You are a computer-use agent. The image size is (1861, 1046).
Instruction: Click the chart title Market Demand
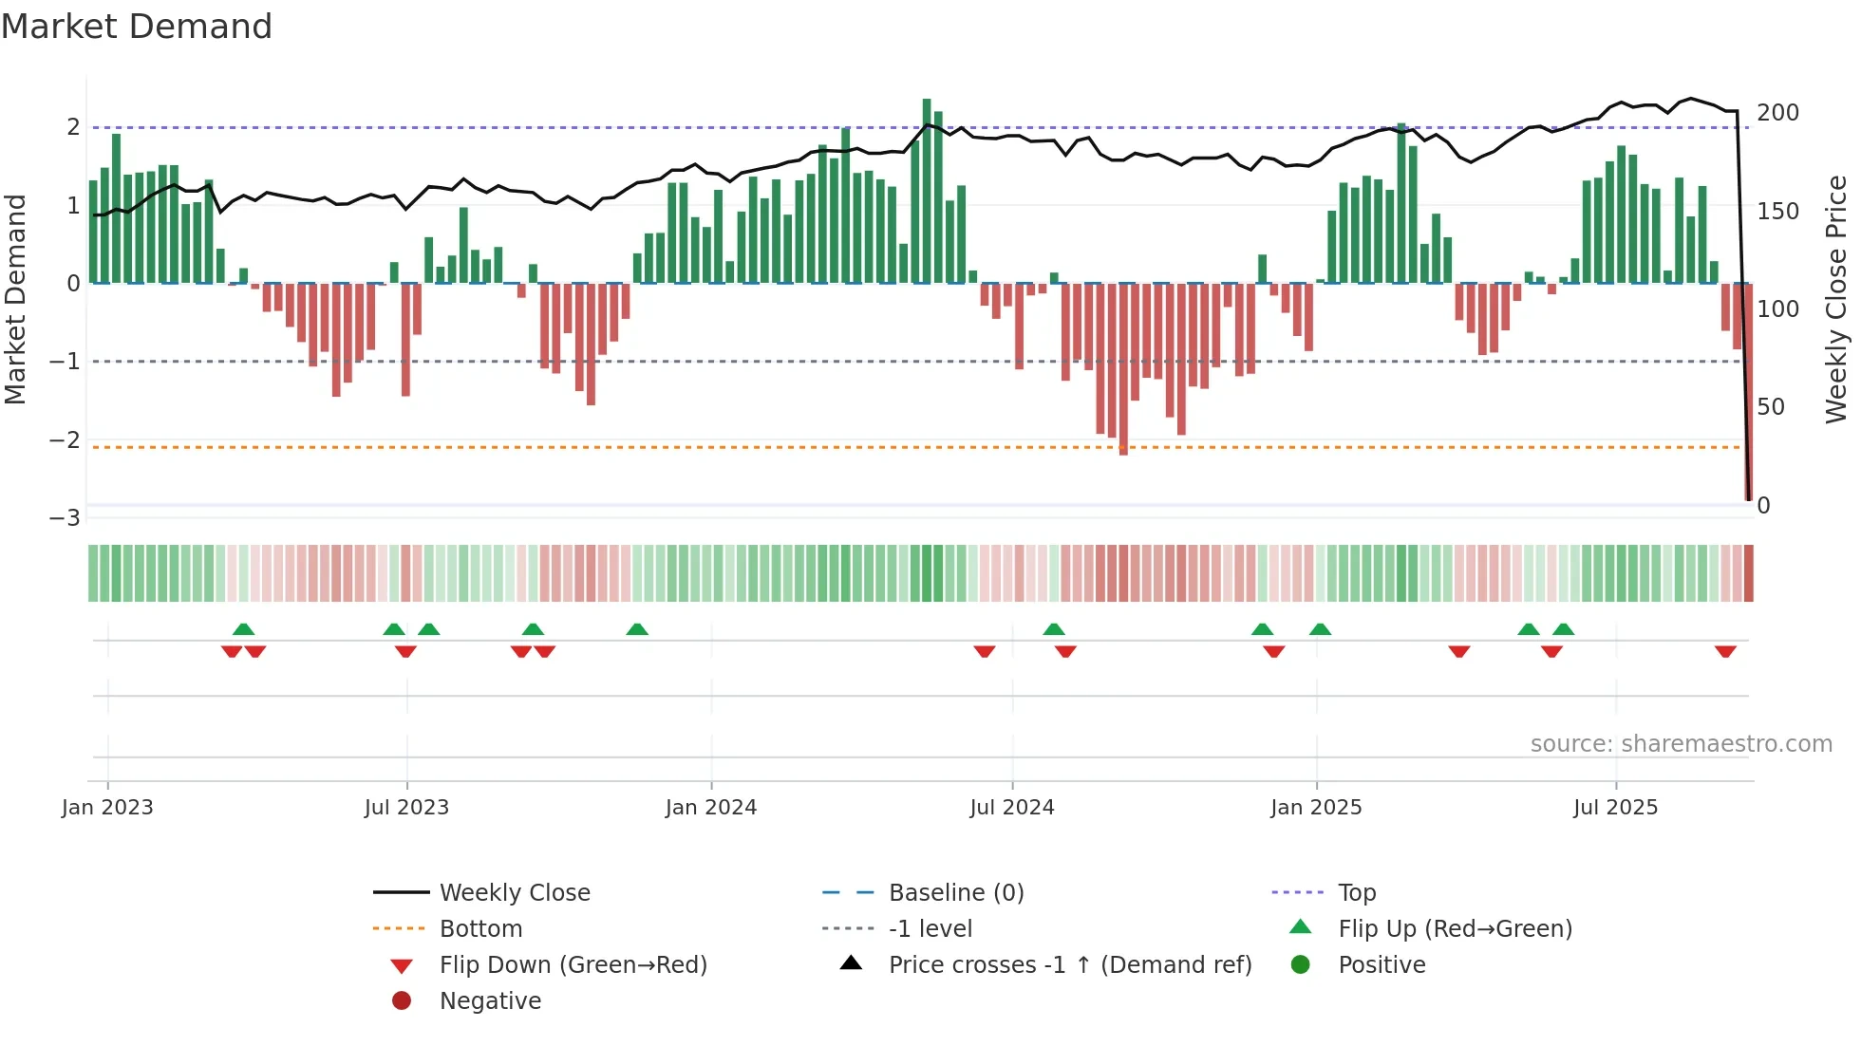pos(137,27)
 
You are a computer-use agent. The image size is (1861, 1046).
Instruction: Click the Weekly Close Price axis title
pos(1836,299)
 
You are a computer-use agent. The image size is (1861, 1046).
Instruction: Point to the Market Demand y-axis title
pos(15,299)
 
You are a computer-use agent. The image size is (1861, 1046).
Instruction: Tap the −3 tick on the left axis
pos(65,518)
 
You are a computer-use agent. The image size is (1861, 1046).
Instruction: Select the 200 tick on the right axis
pos(1777,113)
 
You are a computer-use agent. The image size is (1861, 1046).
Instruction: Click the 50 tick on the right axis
pos(1771,407)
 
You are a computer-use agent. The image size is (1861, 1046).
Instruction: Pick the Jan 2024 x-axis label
pos(710,808)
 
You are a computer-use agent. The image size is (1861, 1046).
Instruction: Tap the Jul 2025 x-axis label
pos(1615,808)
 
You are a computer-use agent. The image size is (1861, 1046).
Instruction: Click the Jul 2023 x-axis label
pos(406,808)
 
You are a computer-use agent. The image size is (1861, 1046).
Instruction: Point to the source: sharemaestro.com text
pos(1681,744)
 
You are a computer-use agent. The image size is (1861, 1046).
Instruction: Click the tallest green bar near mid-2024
pos(927,190)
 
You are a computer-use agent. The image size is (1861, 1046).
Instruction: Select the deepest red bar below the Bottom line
pos(1123,370)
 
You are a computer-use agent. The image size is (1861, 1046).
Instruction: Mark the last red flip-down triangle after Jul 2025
pos(1725,651)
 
